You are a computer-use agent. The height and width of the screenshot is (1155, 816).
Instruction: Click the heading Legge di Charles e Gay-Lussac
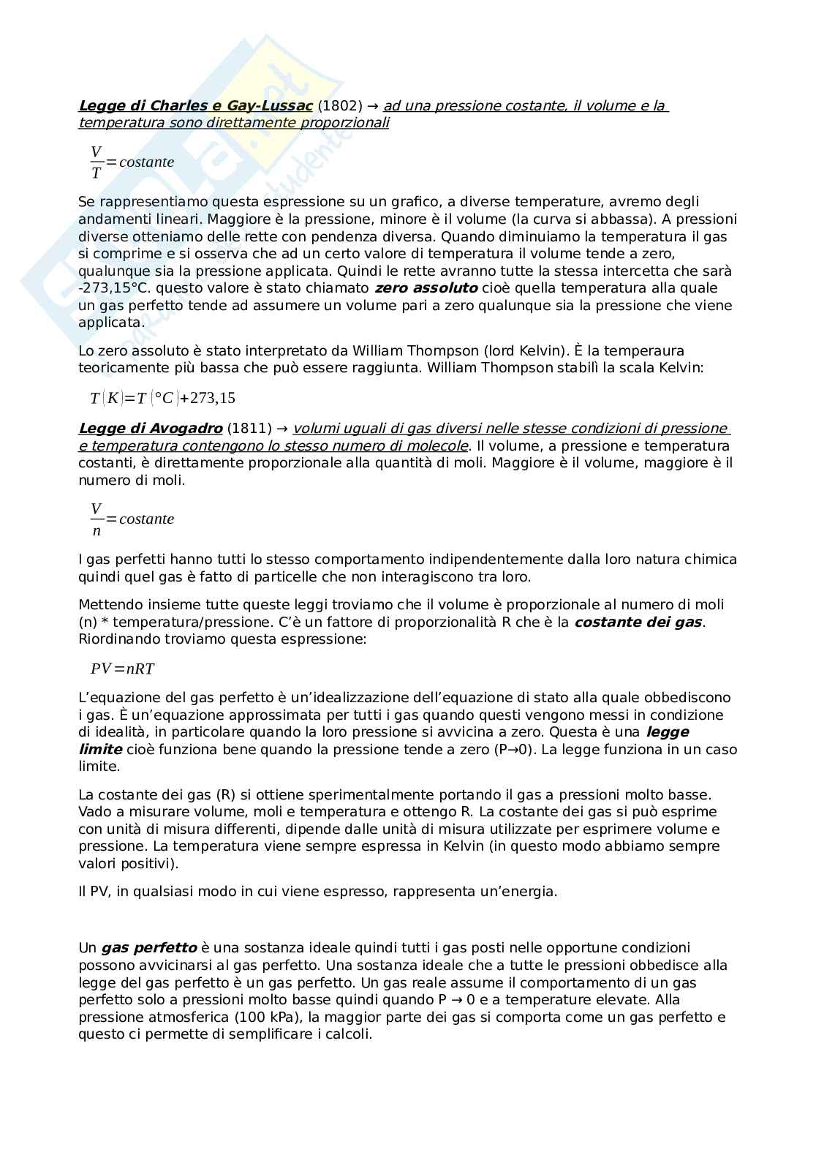click(195, 105)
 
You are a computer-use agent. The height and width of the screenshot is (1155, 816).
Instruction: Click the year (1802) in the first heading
click(340, 105)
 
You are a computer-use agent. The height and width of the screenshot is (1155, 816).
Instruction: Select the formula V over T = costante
click(132, 162)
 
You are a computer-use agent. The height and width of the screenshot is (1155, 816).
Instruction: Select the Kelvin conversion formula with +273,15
click(162, 398)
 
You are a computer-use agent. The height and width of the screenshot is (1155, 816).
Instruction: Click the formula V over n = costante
click(132, 519)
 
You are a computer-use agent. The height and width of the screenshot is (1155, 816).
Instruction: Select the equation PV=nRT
click(123, 669)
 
